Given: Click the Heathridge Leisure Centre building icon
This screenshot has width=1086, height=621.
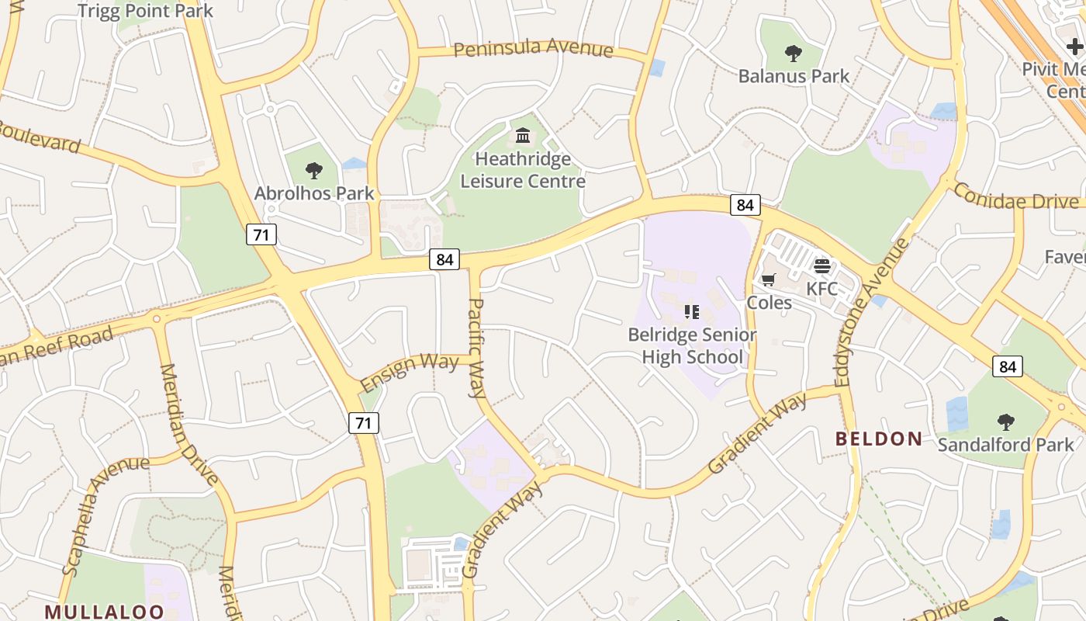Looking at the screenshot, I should point(523,136).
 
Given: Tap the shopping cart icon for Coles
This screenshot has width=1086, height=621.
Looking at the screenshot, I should point(769,279).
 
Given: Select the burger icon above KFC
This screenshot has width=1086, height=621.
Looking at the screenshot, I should point(822,266).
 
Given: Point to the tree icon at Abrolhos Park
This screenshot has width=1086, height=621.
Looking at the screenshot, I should point(314,170).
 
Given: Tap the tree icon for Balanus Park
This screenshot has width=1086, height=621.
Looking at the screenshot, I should point(793,54).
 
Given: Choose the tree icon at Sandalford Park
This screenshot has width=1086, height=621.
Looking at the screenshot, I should point(1005,422).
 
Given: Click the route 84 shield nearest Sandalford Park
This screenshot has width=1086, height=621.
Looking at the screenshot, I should point(1007,366).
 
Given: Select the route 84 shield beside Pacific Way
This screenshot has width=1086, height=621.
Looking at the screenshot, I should point(444,259).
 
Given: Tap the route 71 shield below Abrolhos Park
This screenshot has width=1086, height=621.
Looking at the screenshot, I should point(261,234).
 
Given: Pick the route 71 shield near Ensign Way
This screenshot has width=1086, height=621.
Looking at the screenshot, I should point(363,423).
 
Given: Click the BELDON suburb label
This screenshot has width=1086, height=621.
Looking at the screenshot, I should point(878,439).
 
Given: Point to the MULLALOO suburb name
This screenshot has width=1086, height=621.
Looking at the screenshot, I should point(104,612).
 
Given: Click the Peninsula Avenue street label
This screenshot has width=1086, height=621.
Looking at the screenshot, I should point(533,49).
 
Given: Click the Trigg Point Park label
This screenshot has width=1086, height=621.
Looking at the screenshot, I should point(145,11).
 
